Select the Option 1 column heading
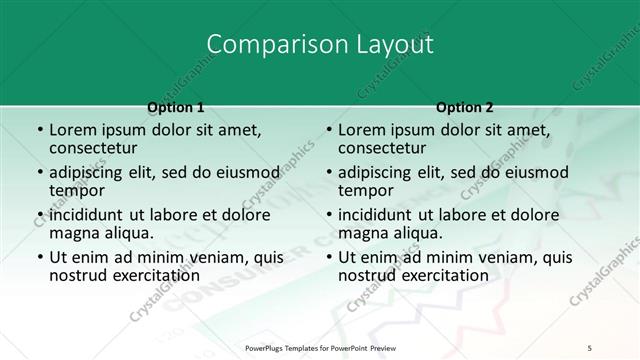(x=176, y=107)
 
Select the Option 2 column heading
(x=465, y=107)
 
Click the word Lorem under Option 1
(x=75, y=130)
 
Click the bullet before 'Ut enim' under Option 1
(x=39, y=257)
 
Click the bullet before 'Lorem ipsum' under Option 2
(x=328, y=131)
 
